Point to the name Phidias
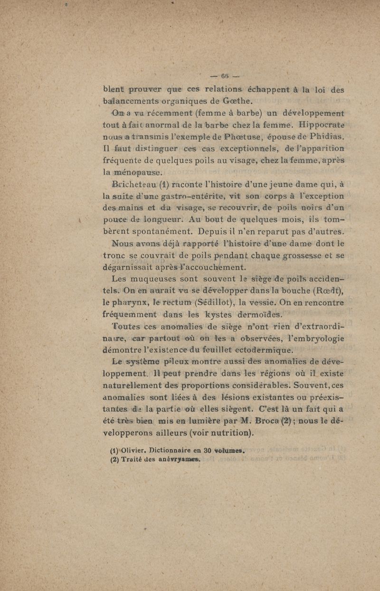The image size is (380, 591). pos(328,137)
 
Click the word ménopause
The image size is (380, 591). pos(133,174)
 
